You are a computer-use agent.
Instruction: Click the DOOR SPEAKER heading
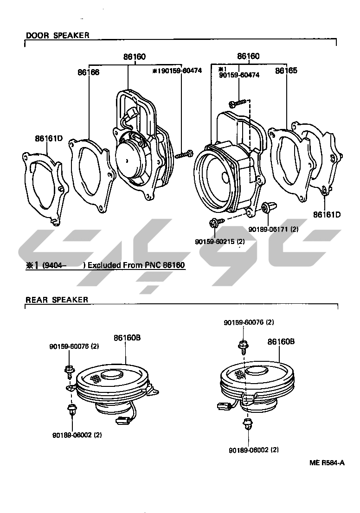58,35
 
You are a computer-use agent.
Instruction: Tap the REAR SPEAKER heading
57,300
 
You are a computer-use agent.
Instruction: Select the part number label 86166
89,72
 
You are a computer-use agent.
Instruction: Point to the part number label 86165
286,71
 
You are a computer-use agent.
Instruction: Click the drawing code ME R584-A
327,462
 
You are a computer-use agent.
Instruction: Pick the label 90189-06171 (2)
273,229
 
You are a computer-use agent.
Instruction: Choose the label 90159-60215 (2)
220,242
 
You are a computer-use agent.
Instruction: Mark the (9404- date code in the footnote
55,265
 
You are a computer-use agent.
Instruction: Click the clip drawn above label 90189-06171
267,208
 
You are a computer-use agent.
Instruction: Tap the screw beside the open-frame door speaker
185,153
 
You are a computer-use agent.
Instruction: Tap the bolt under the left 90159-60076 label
69,370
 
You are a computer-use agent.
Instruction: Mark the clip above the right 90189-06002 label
246,423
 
